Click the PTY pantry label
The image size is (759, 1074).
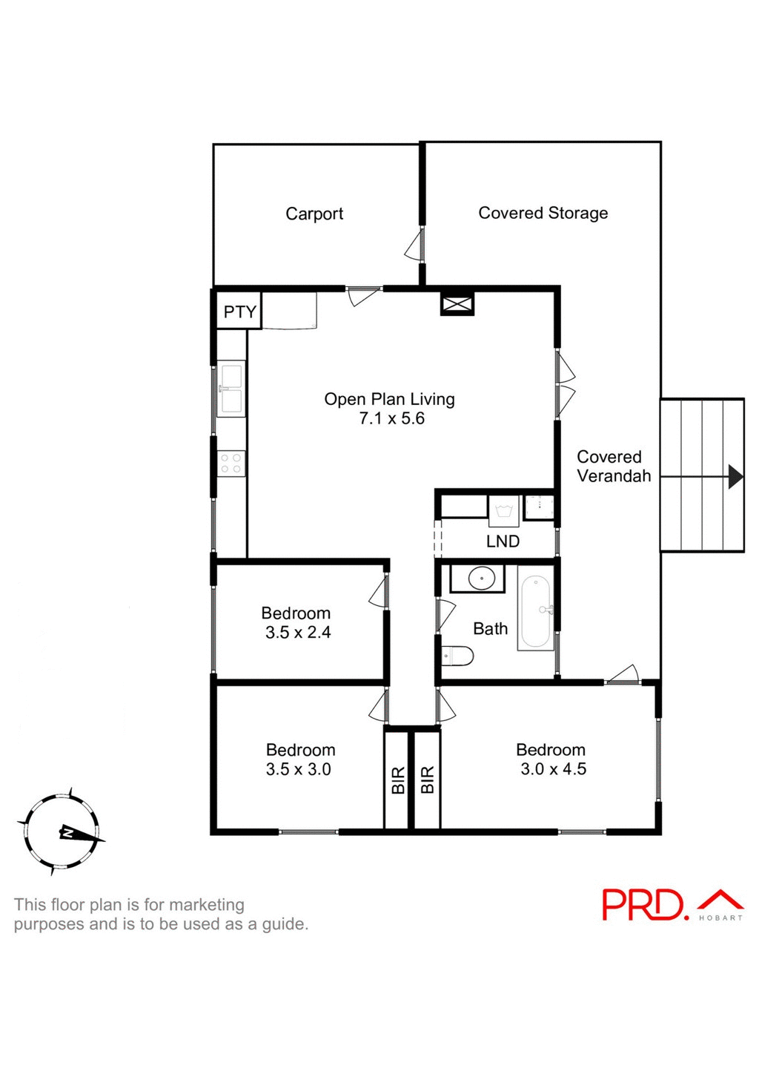(239, 312)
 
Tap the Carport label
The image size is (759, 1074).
(314, 214)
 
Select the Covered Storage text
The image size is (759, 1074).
(543, 213)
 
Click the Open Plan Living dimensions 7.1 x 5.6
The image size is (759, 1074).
(391, 418)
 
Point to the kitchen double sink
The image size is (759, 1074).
(231, 389)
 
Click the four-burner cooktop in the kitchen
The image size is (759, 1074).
(231, 464)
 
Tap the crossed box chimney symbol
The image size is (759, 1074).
(457, 304)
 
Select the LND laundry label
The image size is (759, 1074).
(503, 541)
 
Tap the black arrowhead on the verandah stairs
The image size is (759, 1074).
(735, 476)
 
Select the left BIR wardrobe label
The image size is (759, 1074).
(398, 780)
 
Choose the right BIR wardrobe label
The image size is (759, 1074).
(427, 780)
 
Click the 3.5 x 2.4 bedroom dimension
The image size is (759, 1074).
(298, 633)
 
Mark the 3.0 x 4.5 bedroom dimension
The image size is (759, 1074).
(553, 769)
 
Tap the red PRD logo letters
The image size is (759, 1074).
(643, 905)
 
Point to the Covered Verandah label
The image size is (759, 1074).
(613, 467)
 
